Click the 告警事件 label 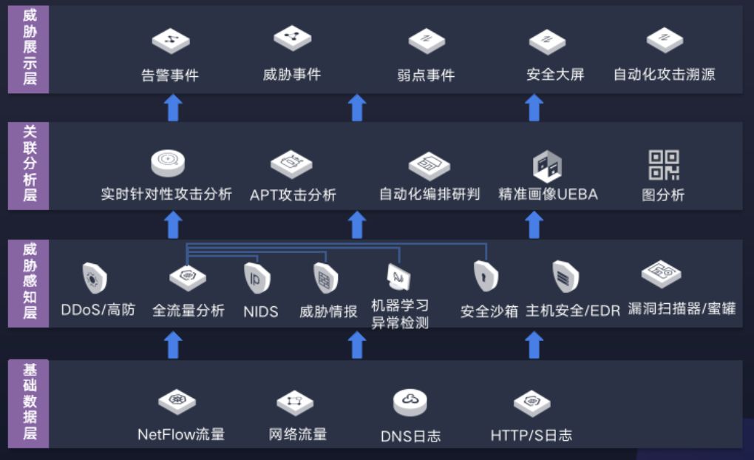click(x=170, y=75)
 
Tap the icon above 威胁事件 click(x=293, y=38)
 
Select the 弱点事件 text click(x=426, y=75)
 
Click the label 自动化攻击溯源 click(x=664, y=75)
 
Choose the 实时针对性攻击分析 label click(x=166, y=195)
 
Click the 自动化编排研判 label click(x=429, y=195)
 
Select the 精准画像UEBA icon click(x=547, y=166)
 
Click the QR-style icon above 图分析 click(x=663, y=165)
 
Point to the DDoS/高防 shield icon click(x=95, y=279)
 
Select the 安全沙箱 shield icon click(x=486, y=277)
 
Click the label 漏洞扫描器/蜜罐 click(x=682, y=308)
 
